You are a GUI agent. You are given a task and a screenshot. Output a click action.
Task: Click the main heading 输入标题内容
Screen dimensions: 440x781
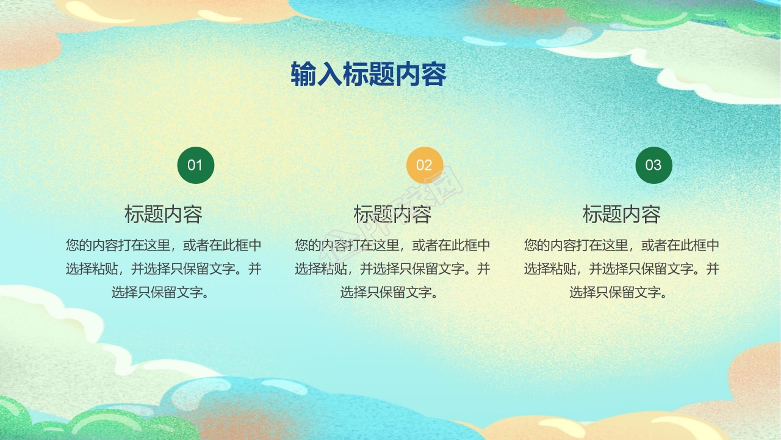369,75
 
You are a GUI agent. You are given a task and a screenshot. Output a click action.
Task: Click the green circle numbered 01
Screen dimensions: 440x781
195,165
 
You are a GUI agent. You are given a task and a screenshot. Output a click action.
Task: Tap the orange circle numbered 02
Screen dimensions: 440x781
424,165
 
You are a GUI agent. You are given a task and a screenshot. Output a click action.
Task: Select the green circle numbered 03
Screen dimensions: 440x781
653,165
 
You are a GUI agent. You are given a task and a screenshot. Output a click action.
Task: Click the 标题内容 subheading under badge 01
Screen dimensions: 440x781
164,215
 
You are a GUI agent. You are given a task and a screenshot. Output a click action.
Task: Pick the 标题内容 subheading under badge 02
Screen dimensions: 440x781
392,215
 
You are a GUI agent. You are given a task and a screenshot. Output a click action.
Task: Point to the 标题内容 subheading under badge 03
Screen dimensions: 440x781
622,215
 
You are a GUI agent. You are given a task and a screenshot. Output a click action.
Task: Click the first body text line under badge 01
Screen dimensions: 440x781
164,246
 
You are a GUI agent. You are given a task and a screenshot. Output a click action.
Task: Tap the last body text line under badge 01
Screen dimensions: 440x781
164,292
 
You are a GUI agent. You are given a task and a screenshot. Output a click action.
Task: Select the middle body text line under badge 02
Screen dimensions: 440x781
392,269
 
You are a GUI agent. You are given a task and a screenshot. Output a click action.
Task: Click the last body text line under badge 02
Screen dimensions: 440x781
392,292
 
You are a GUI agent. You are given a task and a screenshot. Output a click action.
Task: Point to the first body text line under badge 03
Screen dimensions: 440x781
622,246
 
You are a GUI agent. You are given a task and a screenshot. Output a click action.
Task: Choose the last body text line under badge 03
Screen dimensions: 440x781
622,292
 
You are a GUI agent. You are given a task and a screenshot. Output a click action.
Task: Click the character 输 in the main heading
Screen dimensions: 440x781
303,75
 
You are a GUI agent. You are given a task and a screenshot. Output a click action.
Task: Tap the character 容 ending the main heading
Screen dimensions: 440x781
434,75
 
